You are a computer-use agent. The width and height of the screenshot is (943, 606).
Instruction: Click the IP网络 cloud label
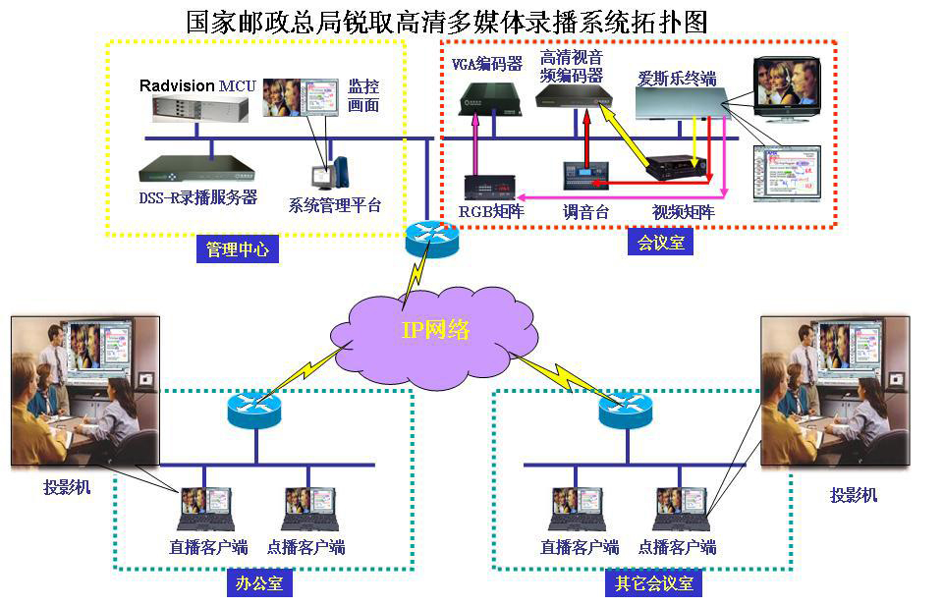pos(435,329)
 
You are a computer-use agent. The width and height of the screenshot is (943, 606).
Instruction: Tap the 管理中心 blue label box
pos(237,250)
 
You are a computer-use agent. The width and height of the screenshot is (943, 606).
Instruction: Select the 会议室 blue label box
pos(661,242)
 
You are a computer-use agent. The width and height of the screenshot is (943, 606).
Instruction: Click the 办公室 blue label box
pos(259,583)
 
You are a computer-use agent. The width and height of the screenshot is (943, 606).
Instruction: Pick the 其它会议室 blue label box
pos(654,583)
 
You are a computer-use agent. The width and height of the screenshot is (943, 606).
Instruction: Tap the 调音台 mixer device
pos(585,176)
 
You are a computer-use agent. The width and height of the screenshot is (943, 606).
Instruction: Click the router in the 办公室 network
pos(253,408)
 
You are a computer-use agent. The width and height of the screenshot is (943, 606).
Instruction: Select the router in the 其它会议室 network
pos(625,408)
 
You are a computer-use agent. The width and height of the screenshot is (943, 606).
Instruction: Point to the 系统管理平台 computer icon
pos(330,174)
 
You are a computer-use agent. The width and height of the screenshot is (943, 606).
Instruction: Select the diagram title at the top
pos(447,22)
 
